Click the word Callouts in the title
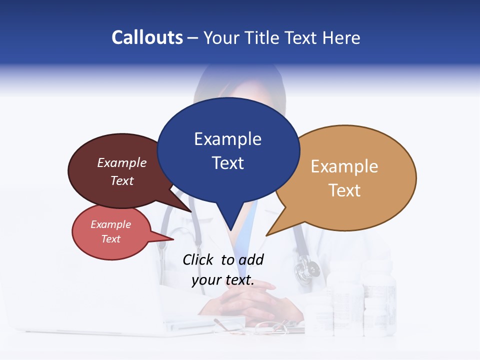[x=147, y=37]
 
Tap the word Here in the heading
[x=341, y=37]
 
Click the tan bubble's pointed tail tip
[x=267, y=234]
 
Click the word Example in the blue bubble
[x=227, y=139]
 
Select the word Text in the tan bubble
[x=344, y=190]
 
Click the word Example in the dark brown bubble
[x=122, y=162]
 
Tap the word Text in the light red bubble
[x=111, y=239]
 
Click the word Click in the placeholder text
[x=198, y=259]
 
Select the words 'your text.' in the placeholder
[x=223, y=280]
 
